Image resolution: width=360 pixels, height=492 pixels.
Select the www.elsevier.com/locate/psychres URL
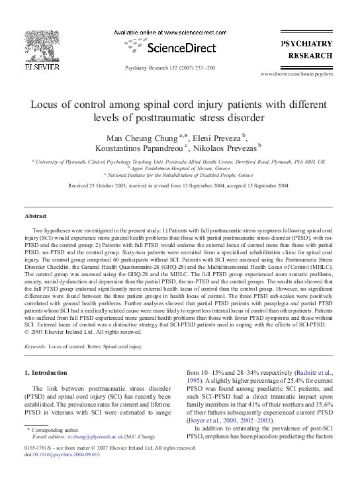click(306, 75)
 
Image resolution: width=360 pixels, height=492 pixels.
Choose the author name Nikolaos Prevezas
click(229, 148)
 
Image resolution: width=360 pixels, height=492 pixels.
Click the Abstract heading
click(36, 217)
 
